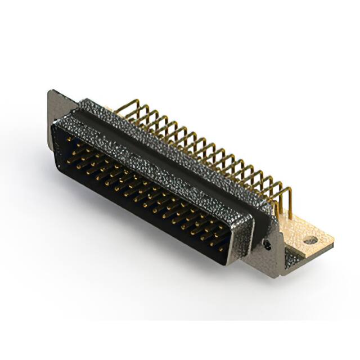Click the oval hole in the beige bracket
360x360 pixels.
tap(310, 240)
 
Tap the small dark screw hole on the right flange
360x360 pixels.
tap(268, 246)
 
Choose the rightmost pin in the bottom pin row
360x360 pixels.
tap(220, 248)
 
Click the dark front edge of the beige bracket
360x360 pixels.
tap(313, 250)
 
